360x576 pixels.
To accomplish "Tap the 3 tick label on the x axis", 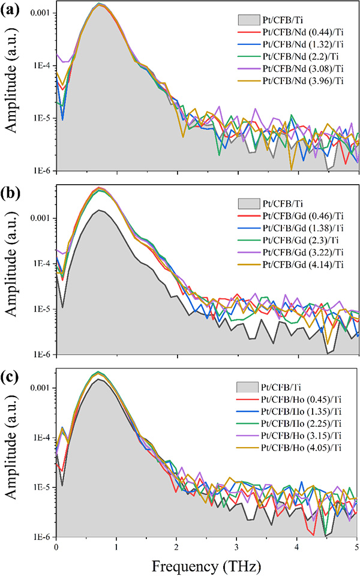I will (236, 547).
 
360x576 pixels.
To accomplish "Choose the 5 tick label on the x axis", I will (357, 547).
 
